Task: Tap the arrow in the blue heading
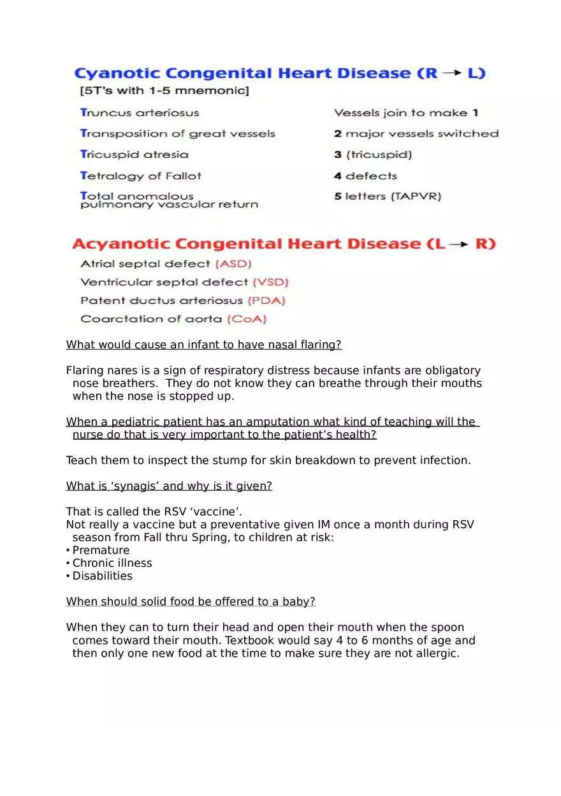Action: pyautogui.click(x=452, y=73)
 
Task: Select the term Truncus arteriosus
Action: pyautogui.click(x=140, y=113)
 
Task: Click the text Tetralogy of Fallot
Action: pyautogui.click(x=141, y=176)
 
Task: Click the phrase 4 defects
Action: pyautogui.click(x=365, y=176)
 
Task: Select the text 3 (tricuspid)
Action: pyautogui.click(x=373, y=155)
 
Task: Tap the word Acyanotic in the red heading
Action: pyautogui.click(x=120, y=244)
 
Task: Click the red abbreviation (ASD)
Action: pyautogui.click(x=234, y=264)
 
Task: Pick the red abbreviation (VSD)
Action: pyautogui.click(x=271, y=282)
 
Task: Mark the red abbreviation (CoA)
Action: pyautogui.click(x=247, y=319)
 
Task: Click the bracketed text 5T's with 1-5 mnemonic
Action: pyautogui.click(x=162, y=91)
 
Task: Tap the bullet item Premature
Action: pyautogui.click(x=101, y=550)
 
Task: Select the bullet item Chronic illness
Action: pyautogui.click(x=112, y=563)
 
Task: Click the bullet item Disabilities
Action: pyautogui.click(x=103, y=576)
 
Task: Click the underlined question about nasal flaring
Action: pyautogui.click(x=203, y=345)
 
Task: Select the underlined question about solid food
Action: pyautogui.click(x=191, y=602)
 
